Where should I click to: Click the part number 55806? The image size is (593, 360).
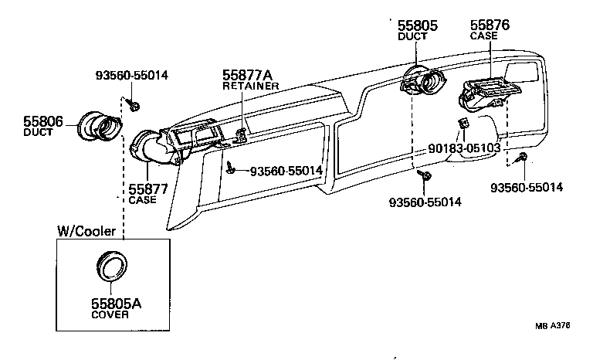(43, 121)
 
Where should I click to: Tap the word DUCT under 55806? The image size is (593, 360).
(37, 133)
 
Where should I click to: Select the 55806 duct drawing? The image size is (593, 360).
(100, 127)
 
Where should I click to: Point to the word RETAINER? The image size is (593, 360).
(250, 86)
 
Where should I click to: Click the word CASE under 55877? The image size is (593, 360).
(142, 200)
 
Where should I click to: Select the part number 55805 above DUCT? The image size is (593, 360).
(417, 25)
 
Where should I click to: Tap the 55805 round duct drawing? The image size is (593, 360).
(422, 80)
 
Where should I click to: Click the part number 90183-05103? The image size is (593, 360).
(464, 148)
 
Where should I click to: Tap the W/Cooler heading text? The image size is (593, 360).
(86, 231)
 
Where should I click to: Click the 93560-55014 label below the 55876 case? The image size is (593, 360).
(527, 187)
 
